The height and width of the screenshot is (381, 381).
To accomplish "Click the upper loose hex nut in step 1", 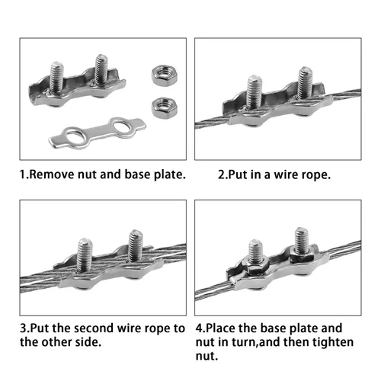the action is pos(165,75).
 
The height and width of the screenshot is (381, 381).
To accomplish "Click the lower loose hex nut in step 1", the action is pos(165,108).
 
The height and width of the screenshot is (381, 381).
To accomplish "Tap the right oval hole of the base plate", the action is pos(120,126).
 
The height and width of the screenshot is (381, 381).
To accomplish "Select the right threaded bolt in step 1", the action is pos(101,69).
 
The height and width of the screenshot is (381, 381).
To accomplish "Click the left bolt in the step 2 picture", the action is pos(254,91).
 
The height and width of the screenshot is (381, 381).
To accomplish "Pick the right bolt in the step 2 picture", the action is pos(305,82).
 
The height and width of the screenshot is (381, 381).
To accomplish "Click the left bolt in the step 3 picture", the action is pos(85,254).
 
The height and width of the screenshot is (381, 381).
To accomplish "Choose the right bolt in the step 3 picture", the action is pos(136,245).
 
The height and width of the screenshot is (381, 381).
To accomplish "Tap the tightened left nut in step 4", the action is pos(257,265).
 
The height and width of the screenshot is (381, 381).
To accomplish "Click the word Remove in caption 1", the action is pos(53,174).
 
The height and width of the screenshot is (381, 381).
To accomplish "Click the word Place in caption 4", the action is pos(220,328).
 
